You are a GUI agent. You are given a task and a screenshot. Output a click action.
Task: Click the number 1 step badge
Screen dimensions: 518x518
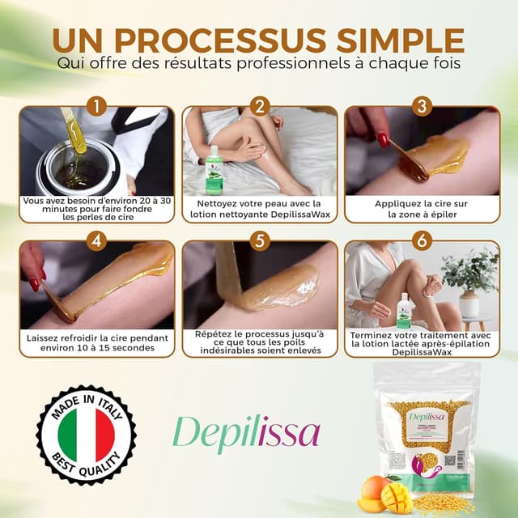click(96, 106)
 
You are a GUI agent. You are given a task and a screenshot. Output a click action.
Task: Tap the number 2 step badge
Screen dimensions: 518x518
click(260, 106)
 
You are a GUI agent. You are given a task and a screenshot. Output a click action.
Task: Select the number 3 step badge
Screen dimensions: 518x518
click(422, 106)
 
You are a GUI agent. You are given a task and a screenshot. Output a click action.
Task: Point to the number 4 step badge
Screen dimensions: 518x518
click(96, 240)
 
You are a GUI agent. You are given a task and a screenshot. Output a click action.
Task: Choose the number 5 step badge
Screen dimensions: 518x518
click(260, 240)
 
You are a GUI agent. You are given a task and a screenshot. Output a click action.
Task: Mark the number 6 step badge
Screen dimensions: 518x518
click(422, 240)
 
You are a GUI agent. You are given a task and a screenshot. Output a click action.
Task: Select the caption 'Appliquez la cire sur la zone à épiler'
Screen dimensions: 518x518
click(422, 210)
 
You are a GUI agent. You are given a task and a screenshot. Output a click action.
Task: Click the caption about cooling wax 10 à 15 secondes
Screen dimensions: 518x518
click(96, 343)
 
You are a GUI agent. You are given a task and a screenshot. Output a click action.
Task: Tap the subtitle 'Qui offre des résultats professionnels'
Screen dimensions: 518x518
click(259, 62)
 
